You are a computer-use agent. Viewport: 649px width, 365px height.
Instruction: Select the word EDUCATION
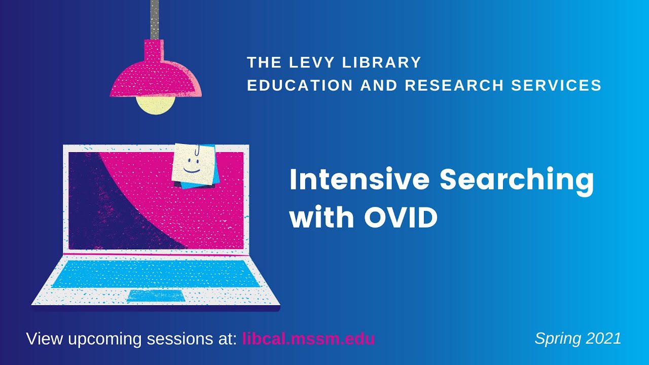pyautogui.click(x=300, y=85)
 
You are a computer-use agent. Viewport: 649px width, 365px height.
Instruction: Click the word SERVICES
pyautogui.click(x=556, y=85)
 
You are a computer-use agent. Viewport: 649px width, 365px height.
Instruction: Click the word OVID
pyautogui.click(x=401, y=217)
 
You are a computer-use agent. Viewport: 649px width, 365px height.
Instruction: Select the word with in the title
pyautogui.click(x=322, y=217)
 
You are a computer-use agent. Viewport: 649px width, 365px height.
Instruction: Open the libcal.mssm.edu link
pyautogui.click(x=309, y=339)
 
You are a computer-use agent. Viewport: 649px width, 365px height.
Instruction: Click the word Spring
pyautogui.click(x=555, y=339)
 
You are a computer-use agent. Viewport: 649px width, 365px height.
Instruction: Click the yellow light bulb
pyautogui.click(x=155, y=104)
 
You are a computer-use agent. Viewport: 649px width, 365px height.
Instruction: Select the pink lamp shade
pyautogui.click(x=155, y=76)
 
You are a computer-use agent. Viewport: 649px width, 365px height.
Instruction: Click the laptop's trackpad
pyautogui.click(x=155, y=296)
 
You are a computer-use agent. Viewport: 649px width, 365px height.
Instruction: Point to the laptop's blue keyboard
pyautogui.click(x=156, y=273)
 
